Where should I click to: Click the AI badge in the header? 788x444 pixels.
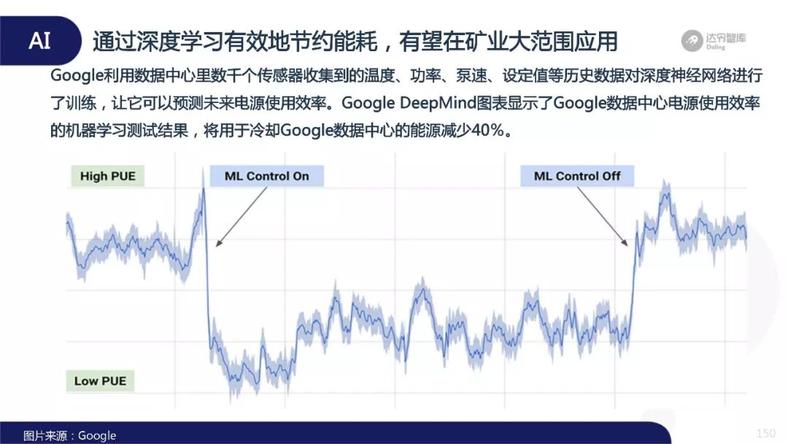click(39, 41)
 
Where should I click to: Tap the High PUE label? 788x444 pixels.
click(107, 176)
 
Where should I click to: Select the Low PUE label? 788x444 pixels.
click(100, 381)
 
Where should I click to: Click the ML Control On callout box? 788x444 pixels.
click(266, 176)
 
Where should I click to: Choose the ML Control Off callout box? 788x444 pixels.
click(577, 176)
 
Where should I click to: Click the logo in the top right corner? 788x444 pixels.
click(714, 40)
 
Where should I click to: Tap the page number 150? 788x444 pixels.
click(766, 434)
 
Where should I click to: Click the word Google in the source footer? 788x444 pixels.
click(97, 435)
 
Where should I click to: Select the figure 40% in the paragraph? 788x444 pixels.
click(487, 130)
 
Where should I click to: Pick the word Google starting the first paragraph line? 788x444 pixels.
click(77, 76)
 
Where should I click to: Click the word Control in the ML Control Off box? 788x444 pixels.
click(577, 176)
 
